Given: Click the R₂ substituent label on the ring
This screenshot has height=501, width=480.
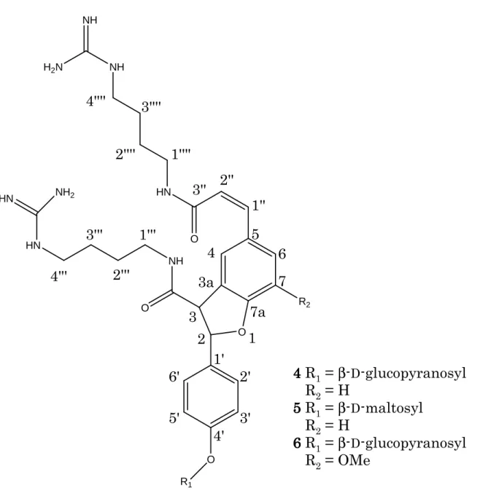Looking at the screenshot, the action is (x=304, y=302).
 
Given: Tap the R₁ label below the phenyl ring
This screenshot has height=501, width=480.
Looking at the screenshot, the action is (x=186, y=481).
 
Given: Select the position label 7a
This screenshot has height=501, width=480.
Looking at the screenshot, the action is (x=258, y=312).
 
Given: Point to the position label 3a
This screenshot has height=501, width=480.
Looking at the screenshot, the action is (x=206, y=283).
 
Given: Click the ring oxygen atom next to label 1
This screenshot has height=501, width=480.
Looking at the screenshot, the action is (x=242, y=332).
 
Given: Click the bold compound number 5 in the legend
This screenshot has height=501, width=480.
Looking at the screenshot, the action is (x=297, y=408).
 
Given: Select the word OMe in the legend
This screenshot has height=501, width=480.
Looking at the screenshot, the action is (x=354, y=460).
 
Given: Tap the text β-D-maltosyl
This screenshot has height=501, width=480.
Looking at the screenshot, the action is (x=380, y=408).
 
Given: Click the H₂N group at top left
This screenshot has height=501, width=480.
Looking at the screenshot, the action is (x=53, y=68).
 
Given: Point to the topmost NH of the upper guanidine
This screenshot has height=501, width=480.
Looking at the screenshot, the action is (x=90, y=20).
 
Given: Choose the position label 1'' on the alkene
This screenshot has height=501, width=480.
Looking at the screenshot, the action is (x=258, y=205).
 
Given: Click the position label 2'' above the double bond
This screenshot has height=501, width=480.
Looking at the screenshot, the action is (x=228, y=180).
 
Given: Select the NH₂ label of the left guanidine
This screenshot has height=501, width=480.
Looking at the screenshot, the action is (x=65, y=193).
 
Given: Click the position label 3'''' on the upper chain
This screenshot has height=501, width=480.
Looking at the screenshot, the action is (x=151, y=107).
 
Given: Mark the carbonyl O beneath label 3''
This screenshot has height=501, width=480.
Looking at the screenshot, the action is (x=194, y=239).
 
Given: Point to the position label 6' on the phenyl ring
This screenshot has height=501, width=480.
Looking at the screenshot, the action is (x=174, y=377).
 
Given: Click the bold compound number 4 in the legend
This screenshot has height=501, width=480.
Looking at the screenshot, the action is (x=297, y=373).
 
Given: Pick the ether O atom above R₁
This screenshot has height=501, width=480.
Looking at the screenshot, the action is (x=210, y=459).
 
